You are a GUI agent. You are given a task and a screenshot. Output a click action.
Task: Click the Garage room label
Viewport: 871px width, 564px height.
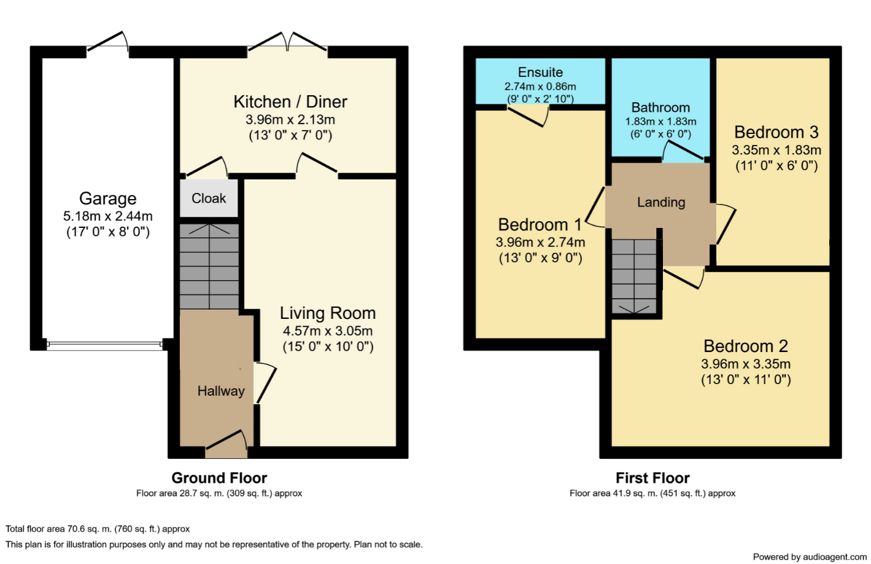107,198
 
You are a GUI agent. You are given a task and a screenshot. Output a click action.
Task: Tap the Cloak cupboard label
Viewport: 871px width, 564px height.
209,198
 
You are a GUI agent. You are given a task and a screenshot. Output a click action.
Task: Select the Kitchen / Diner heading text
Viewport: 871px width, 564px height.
290,102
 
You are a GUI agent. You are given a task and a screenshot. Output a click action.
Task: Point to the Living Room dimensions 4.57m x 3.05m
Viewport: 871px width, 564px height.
328,331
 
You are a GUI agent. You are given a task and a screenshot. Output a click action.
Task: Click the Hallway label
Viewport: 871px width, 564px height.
221,391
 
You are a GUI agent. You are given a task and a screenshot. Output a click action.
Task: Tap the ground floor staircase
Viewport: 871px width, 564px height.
209,266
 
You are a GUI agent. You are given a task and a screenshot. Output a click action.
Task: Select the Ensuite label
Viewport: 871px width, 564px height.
540,72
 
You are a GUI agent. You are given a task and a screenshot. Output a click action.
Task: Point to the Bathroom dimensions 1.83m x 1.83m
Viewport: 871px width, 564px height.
660,122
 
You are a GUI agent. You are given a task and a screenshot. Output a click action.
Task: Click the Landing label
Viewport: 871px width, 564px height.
661,202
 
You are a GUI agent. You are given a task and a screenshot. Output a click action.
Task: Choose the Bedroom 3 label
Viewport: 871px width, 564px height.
776,133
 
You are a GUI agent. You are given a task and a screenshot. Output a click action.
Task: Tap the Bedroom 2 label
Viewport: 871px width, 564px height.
746,347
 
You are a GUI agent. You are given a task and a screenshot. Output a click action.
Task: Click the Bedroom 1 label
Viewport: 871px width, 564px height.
540,225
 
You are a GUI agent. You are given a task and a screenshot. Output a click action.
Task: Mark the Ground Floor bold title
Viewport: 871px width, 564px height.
219,478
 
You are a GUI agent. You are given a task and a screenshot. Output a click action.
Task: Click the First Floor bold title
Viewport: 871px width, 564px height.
652,478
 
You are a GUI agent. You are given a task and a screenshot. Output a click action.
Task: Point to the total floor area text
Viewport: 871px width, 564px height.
98,529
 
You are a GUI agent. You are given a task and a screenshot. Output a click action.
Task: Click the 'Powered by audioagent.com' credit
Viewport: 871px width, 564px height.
810,557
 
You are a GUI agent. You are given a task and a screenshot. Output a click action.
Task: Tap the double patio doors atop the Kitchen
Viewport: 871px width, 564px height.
287,42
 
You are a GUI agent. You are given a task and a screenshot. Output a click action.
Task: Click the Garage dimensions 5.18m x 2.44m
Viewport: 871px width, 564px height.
107,216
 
